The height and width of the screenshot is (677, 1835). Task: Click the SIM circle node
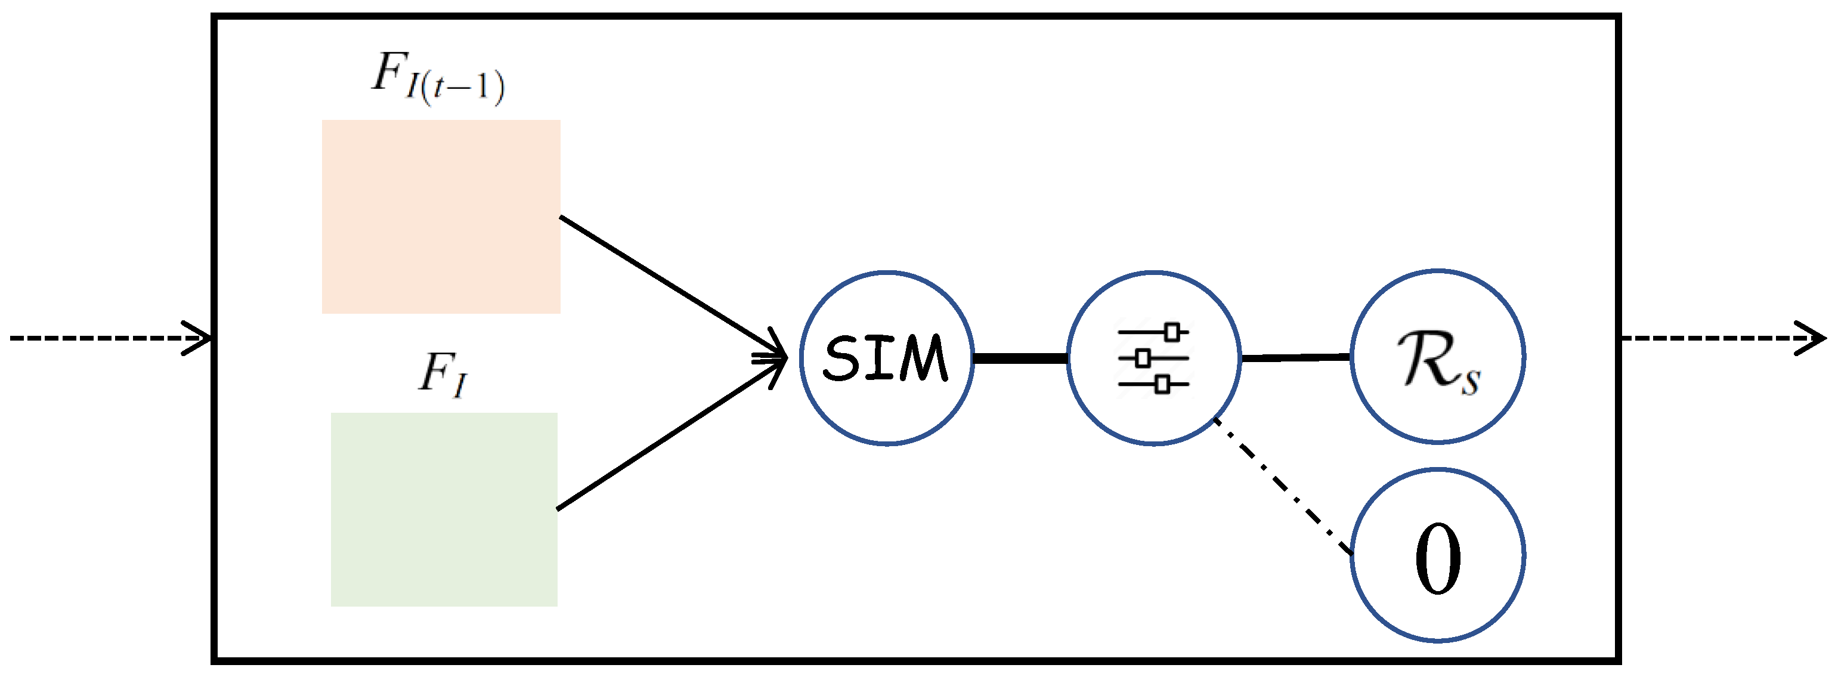[x=886, y=357]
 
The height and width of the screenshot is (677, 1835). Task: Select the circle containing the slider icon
[x=1153, y=357]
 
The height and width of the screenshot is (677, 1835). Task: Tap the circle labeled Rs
[x=1437, y=355]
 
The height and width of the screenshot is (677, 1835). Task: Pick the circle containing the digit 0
[x=1437, y=555]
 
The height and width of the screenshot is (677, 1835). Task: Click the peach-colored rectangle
[x=441, y=216]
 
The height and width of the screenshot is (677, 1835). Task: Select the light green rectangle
[x=444, y=509]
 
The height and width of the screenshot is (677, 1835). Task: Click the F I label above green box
[x=442, y=373]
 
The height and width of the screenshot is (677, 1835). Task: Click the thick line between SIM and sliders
[x=1020, y=358]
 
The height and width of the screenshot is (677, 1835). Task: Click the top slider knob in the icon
[x=1172, y=332]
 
